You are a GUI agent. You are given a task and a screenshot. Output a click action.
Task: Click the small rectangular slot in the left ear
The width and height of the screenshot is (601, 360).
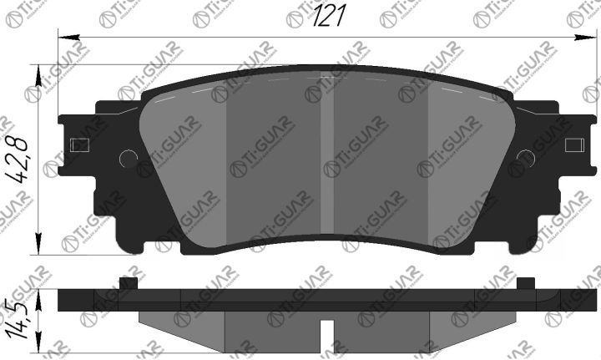point(81,145)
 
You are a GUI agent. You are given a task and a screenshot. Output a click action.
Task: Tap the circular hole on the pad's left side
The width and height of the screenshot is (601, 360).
point(128,158)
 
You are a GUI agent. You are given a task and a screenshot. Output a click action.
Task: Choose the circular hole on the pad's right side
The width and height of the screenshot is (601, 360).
point(526,158)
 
